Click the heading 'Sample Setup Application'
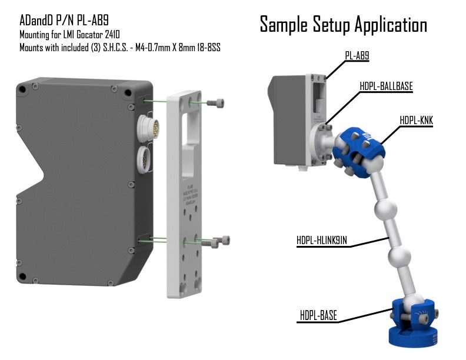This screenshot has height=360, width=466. (343, 25)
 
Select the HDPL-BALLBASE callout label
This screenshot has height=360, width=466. (386, 86)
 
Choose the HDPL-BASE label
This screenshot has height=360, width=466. (318, 315)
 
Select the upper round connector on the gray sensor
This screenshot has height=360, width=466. (147, 127)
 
